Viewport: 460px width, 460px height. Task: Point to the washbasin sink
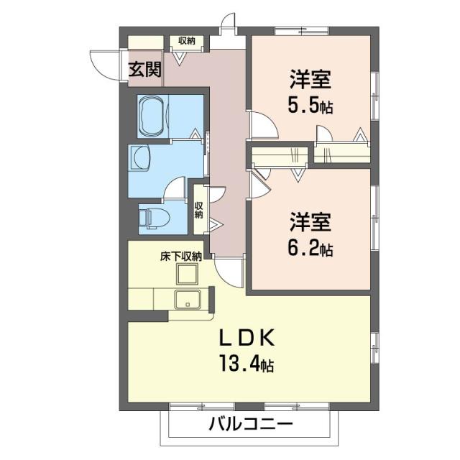[x=139, y=157]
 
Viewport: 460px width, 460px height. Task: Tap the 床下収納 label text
[x=180, y=255]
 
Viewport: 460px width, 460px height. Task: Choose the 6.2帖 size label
[x=310, y=249]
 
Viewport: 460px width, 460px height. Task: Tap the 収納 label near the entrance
[x=187, y=41]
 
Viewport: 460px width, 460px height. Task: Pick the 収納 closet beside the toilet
[x=199, y=208]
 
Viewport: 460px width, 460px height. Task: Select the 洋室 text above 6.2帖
[x=310, y=222]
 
